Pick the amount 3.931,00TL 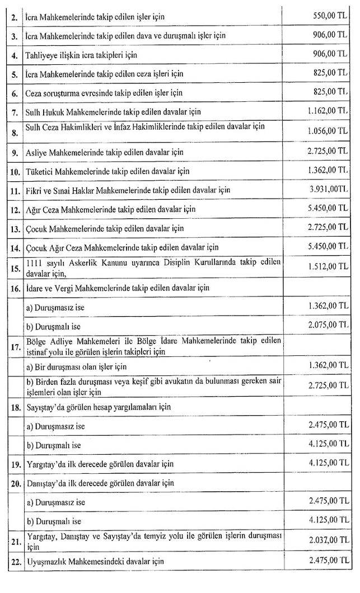point(328,189)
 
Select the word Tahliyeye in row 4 point(43,54)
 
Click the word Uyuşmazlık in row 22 point(47,560)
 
